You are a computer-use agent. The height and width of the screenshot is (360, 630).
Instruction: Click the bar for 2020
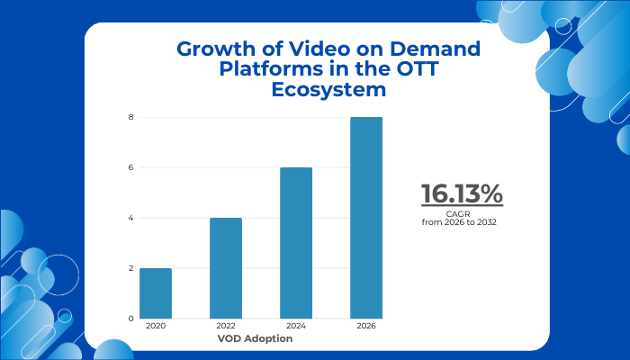click(x=156, y=293)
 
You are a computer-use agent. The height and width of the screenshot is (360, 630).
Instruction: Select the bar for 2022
click(x=226, y=268)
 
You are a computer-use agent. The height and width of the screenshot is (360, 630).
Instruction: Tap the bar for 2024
click(x=296, y=243)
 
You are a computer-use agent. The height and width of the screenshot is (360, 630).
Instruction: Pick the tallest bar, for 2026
click(x=366, y=218)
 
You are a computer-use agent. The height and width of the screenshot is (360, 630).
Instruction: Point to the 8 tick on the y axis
click(x=130, y=117)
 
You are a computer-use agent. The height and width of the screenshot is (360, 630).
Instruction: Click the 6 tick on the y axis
click(x=130, y=167)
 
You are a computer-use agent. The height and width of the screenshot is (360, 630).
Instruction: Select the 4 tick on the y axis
click(x=130, y=218)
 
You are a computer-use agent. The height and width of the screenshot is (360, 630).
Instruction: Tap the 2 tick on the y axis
click(x=130, y=268)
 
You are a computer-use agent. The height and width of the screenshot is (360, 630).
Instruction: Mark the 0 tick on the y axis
click(x=130, y=319)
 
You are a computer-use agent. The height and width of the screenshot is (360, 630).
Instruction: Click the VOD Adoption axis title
click(x=255, y=339)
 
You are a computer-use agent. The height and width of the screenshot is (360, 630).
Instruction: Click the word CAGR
click(x=460, y=213)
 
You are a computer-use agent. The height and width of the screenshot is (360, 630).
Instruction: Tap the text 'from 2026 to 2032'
click(x=460, y=221)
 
